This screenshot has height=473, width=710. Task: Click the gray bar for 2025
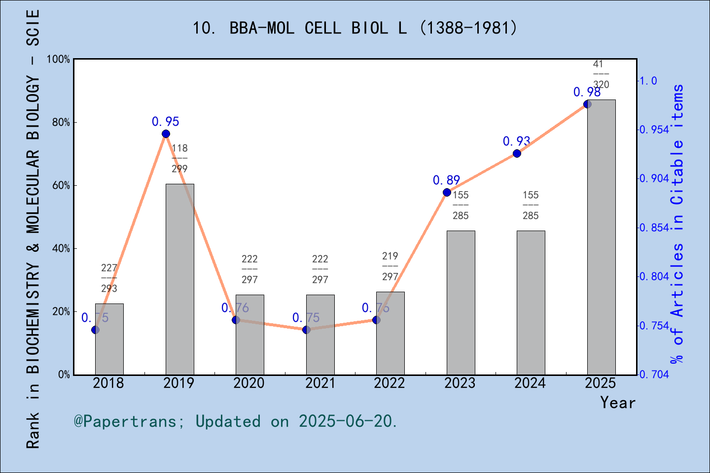pos(601,237)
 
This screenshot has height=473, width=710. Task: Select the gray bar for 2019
pos(179,279)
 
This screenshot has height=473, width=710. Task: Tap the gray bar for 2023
pos(461,303)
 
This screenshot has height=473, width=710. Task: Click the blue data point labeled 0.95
pos(166,134)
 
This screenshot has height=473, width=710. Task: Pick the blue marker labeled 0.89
pos(447,192)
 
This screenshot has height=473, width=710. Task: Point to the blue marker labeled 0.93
pos(517,153)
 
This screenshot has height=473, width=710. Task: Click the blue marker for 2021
pos(306,330)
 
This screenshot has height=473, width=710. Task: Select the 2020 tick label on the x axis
pos(249,383)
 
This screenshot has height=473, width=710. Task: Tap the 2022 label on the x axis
pos(390,383)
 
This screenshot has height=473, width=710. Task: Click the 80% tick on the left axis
pos(61,122)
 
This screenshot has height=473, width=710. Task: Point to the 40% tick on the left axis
pos(61,248)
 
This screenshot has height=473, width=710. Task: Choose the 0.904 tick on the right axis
pos(654,178)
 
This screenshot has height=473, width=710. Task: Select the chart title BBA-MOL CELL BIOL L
pos(355,28)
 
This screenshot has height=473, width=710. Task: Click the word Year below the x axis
pos(618,403)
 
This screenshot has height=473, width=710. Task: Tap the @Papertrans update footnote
pos(236,421)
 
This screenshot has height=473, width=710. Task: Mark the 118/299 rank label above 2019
pos(179,158)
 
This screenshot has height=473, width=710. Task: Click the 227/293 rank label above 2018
pos(109,278)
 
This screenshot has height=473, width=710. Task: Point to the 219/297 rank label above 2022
pos(390,266)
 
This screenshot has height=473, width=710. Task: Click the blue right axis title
pos(678,224)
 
